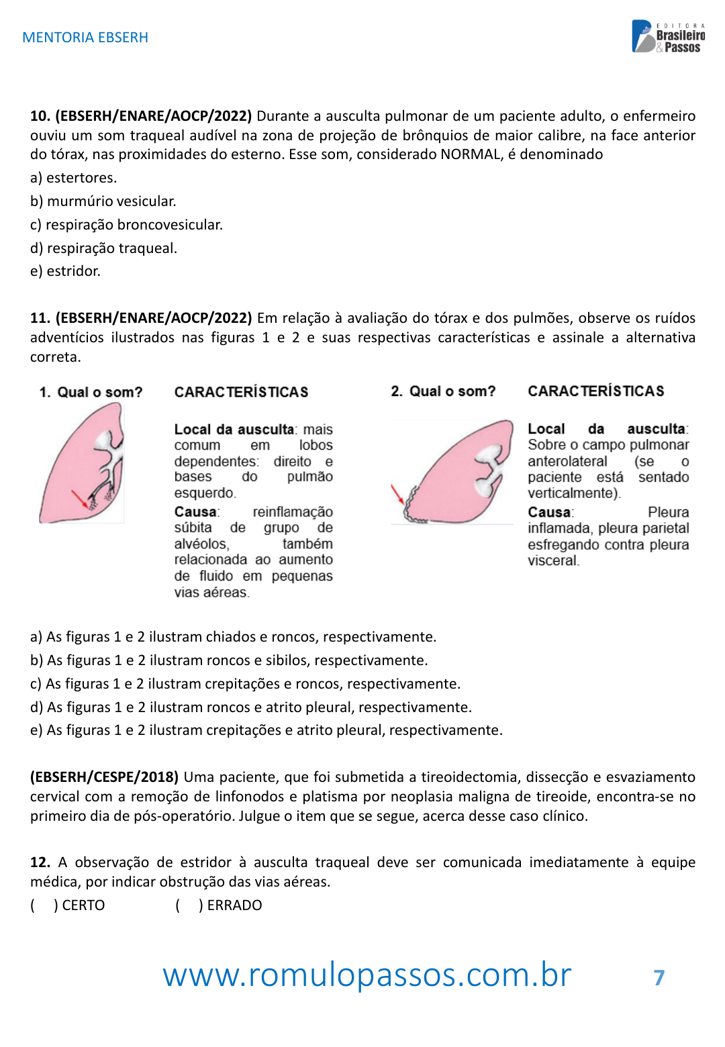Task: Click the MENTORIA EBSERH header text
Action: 85,38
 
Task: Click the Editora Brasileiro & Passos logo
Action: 668,37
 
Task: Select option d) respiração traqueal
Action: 104,248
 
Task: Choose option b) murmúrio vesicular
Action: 103,201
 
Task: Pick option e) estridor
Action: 65,271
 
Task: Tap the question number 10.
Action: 40,116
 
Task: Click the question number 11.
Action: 40,318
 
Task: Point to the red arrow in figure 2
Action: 397,495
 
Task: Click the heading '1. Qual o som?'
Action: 91,393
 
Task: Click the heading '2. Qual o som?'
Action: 443,391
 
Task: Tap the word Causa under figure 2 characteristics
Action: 550,512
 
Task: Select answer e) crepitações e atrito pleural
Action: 266,730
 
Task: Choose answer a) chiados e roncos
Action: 233,637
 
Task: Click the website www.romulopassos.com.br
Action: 367,975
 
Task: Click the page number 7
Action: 659,978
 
